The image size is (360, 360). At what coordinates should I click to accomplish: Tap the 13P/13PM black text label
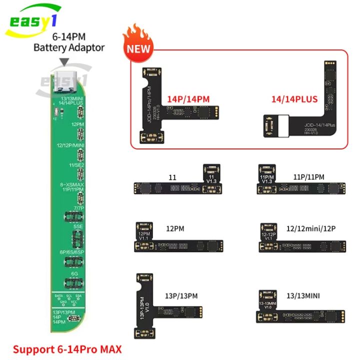click(181, 296)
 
